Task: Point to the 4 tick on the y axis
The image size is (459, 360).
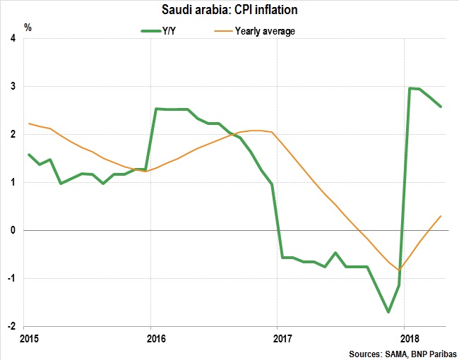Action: (x=14, y=38)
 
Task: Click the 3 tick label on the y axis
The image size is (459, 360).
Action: (x=14, y=86)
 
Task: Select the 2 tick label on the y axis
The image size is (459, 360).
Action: (x=14, y=134)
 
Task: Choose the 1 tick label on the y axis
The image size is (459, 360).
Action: (x=14, y=182)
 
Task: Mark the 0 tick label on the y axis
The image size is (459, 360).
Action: (x=14, y=230)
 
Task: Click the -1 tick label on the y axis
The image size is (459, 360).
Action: (x=13, y=278)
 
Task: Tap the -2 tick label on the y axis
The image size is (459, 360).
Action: (x=13, y=326)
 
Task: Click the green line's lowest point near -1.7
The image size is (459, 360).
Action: (x=388, y=311)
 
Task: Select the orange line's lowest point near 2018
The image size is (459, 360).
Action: (x=399, y=270)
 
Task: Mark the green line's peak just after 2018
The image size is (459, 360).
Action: (x=410, y=88)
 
